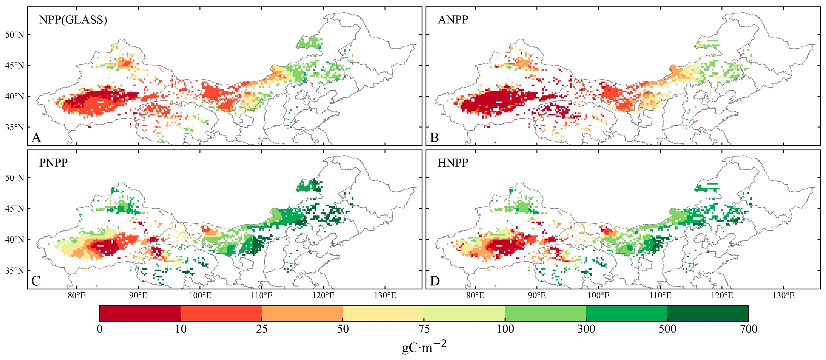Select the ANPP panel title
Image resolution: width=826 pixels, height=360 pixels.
tap(453, 20)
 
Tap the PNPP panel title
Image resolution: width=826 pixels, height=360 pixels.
tap(53, 163)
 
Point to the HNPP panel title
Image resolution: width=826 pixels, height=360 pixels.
tap(453, 163)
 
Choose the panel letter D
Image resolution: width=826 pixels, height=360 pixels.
tap(434, 281)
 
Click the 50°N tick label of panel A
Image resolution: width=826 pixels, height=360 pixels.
tap(15, 35)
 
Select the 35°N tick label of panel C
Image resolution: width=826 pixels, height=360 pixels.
tap(15, 271)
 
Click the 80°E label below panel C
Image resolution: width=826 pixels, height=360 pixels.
tap(77, 296)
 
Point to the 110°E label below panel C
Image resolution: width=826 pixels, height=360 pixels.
tap(262, 296)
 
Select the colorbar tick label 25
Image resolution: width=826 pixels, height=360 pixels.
tap(262, 329)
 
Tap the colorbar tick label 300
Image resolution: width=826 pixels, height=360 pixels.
tap(586, 329)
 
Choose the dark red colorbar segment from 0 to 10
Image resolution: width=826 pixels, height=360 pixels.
tap(140, 314)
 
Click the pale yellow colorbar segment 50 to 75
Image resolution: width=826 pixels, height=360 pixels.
tap(383, 314)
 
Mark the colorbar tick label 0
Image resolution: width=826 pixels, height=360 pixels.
tap(100, 329)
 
